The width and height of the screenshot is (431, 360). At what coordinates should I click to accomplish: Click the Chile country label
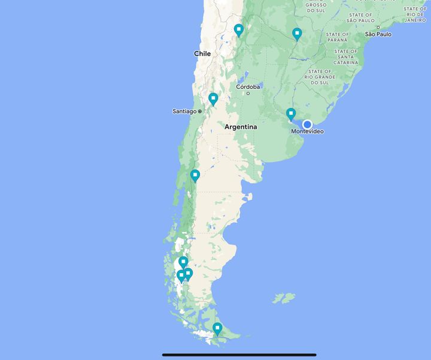pos(202,53)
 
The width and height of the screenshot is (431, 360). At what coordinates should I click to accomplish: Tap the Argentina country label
pos(241,127)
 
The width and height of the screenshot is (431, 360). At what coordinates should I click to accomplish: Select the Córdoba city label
pos(248,87)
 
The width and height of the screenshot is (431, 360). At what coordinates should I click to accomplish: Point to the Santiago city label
pos(184,111)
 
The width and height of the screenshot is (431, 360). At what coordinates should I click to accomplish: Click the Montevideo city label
pos(306,131)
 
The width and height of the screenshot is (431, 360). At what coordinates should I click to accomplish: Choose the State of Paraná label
pos(338,38)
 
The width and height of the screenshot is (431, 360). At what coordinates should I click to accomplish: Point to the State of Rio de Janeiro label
pos(415,14)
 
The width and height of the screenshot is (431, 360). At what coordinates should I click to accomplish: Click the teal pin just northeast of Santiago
pos(213,99)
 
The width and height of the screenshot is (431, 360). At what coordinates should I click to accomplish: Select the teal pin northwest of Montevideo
pos(291,113)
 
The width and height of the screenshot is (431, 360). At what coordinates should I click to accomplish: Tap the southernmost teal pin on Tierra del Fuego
pos(217,328)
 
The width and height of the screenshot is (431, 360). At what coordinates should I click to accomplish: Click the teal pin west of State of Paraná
pos(297,34)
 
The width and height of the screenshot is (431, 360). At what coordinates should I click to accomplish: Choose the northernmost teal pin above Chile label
pos(238,29)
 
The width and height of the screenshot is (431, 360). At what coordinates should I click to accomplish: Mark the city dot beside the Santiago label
pos(200,111)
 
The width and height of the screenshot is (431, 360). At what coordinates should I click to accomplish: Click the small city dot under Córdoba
pos(248,93)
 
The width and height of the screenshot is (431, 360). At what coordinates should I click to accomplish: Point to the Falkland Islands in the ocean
pos(284,298)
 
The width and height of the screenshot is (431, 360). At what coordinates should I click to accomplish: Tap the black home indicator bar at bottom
pos(239,355)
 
